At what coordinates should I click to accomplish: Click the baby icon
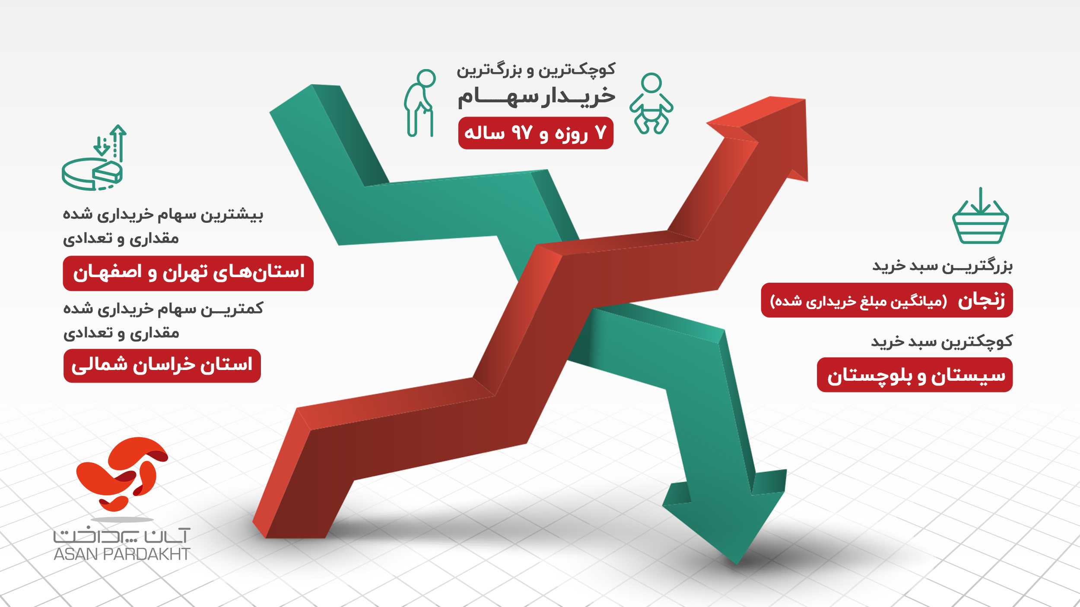[x=651, y=104]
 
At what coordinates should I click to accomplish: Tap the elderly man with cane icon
[x=419, y=104]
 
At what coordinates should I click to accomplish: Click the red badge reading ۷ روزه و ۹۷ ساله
[x=536, y=133]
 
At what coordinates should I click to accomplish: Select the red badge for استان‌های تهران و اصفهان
[x=188, y=273]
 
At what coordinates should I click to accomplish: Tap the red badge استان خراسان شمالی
[x=162, y=366]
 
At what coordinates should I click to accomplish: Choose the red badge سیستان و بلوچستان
[x=915, y=375]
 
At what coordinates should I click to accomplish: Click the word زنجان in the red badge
[x=981, y=300]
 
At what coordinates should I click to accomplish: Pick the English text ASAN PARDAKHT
[x=122, y=554]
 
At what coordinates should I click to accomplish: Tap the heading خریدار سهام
[x=537, y=96]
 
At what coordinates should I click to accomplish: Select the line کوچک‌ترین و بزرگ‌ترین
[x=536, y=70]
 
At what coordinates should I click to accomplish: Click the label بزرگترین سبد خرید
[x=942, y=266]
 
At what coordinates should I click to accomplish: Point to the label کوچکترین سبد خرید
[x=942, y=342]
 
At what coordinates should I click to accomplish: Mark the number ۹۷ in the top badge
[x=521, y=133]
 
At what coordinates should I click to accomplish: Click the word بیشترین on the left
[x=238, y=215]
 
